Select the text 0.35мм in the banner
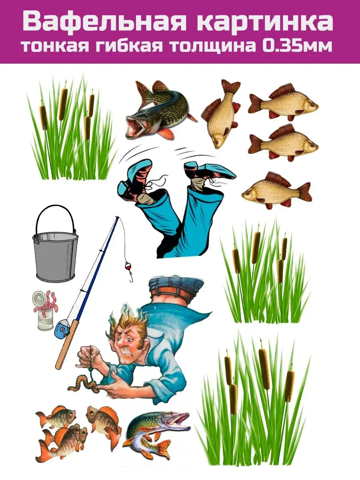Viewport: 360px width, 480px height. [297, 47]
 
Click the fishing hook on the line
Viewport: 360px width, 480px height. [131, 278]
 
